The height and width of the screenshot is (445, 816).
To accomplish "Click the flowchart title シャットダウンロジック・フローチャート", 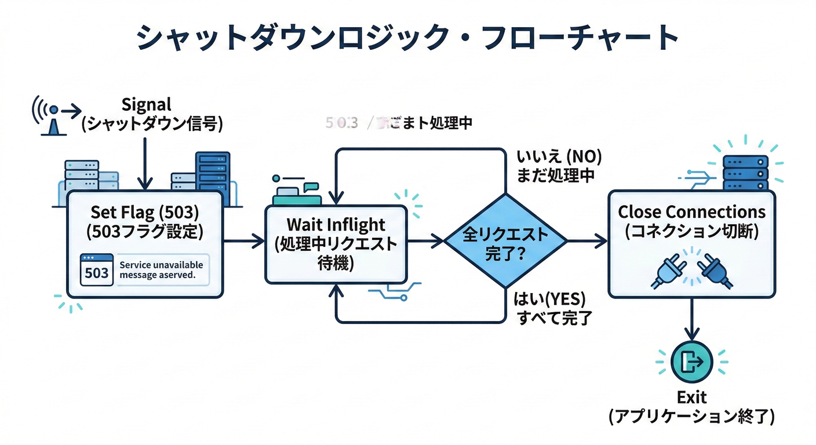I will (407, 38).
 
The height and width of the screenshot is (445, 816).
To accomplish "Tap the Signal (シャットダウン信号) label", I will (147, 115).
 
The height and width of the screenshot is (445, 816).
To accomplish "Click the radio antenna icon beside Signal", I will (53, 118).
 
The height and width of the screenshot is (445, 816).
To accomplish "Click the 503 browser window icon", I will (96, 271).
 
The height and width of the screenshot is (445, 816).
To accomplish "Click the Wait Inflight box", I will (336, 243).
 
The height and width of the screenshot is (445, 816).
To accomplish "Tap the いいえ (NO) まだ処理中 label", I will (558, 166).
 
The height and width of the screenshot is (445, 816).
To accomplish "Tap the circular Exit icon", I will (691, 362).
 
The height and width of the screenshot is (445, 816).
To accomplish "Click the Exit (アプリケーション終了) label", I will (691, 407).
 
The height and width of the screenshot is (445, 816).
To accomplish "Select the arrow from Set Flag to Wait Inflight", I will (243, 241).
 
